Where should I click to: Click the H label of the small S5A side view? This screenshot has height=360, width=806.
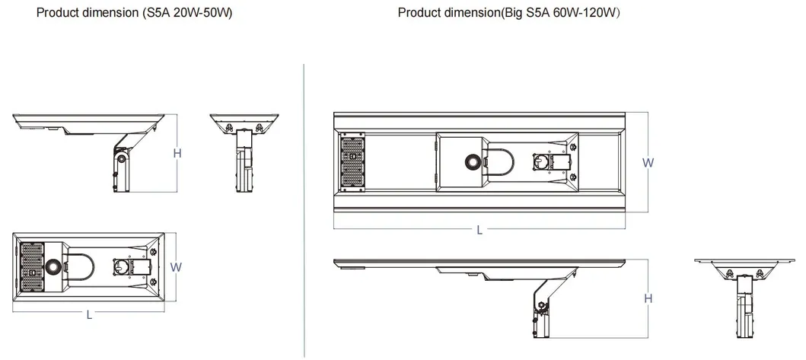click(177, 153)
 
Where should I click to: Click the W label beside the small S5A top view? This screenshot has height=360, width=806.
click(176, 267)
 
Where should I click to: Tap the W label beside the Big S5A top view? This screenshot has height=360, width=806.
click(648, 162)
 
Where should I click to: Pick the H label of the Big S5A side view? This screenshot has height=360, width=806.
click(648, 298)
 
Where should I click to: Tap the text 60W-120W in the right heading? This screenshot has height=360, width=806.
click(585, 14)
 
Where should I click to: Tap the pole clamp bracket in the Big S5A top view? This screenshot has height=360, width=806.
click(550, 162)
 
